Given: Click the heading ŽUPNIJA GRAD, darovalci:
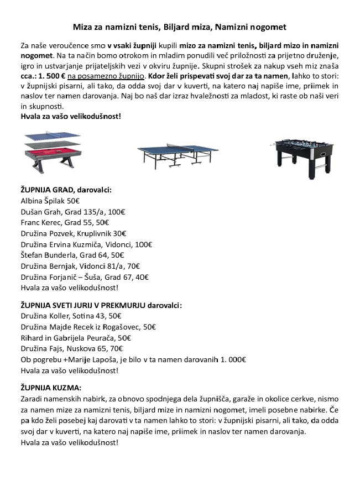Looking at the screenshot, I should tap(66, 190).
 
